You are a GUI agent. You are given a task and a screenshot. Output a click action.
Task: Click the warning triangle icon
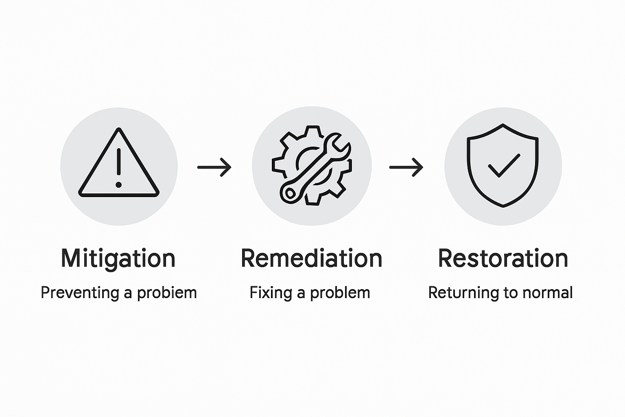(x=118, y=165)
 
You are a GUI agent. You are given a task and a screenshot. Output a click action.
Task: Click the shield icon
(x=503, y=165)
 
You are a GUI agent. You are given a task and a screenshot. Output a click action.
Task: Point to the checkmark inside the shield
(x=504, y=165)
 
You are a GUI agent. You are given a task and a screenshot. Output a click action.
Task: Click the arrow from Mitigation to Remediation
(x=214, y=167)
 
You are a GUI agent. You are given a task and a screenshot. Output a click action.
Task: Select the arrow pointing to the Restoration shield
(x=406, y=167)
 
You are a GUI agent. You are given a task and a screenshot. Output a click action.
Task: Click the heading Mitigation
(x=118, y=258)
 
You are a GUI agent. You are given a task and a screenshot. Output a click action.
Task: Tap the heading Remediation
(x=311, y=258)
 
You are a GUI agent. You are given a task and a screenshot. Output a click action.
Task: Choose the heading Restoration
(x=503, y=258)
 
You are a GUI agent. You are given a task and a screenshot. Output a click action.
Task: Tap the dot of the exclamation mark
(x=118, y=184)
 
